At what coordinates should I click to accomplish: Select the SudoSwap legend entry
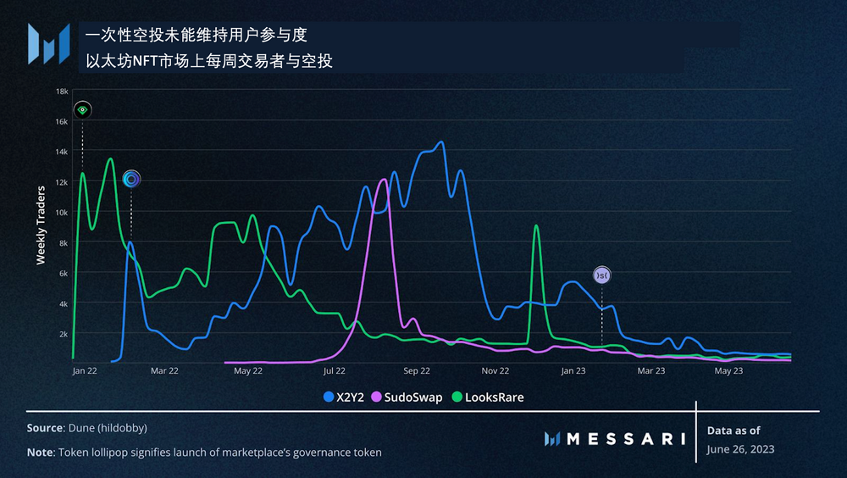coord(407,397)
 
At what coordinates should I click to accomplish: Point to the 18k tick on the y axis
coord(62,91)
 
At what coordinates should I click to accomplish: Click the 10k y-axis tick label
coord(62,212)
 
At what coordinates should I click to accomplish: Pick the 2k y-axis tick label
coord(63,334)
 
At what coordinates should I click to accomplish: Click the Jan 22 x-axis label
coord(85,370)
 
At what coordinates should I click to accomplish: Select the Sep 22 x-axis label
coord(417,370)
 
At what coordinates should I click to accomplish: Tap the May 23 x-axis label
coord(728,370)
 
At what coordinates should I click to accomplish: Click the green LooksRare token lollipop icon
coord(82,109)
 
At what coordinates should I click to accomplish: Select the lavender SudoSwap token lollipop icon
coord(602,275)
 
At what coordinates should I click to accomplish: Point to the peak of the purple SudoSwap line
coord(384,180)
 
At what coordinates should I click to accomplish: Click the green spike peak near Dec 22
coord(535,225)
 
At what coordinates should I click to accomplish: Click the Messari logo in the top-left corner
coord(47,43)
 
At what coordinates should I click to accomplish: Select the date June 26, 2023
coord(740,449)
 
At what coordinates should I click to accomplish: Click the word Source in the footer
coord(44,429)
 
